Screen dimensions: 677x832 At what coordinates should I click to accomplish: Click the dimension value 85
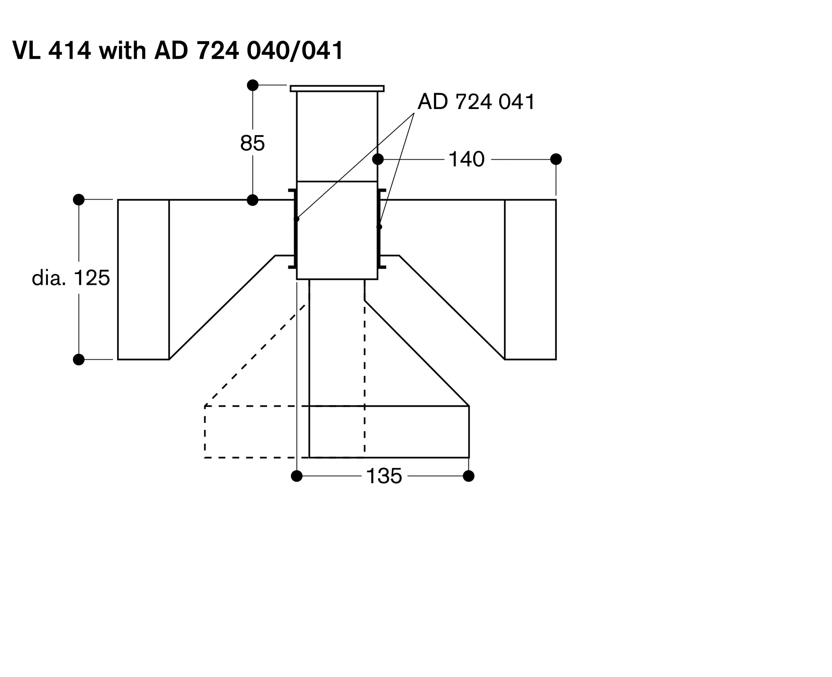(252, 143)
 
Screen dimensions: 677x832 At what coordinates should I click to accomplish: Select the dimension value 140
(466, 159)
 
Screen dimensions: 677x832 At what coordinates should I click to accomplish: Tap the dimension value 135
(384, 476)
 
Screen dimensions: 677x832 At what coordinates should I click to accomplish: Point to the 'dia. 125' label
(71, 278)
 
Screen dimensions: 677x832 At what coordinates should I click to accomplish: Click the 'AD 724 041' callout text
(476, 101)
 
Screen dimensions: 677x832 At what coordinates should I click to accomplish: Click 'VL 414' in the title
(52, 51)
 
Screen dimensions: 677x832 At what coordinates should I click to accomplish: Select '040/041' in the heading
(295, 51)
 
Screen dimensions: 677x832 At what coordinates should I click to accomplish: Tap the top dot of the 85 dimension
(253, 85)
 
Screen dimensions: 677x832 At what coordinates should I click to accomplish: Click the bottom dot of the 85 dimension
(253, 200)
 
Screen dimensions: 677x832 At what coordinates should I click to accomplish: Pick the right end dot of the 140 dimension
(556, 159)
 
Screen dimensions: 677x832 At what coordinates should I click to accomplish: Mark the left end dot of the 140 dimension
(378, 159)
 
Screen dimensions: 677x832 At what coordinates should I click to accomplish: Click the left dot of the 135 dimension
(297, 476)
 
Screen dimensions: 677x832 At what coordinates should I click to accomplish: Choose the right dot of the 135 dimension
(469, 476)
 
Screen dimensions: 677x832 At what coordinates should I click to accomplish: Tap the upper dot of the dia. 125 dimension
(79, 200)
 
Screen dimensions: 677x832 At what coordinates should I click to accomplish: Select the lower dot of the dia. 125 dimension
(79, 359)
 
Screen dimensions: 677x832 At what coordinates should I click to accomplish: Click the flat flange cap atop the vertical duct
(337, 89)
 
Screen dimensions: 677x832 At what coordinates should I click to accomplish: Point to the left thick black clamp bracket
(294, 229)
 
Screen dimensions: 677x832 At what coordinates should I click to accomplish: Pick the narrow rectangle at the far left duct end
(144, 279)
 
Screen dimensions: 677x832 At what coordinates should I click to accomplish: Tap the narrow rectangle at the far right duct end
(530, 279)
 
